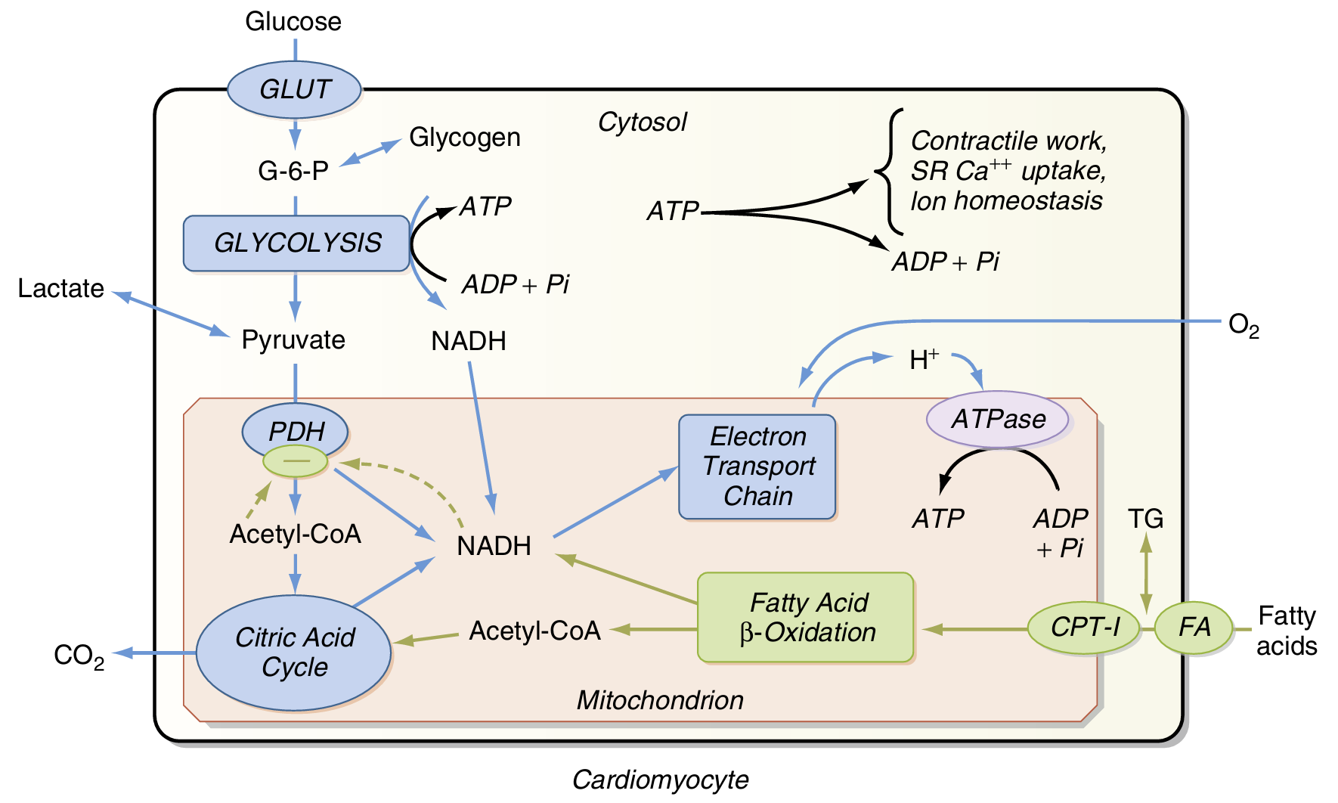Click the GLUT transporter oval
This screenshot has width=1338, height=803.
[x=294, y=89]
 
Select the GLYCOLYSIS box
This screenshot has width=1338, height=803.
[x=296, y=243]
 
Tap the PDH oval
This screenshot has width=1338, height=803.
[x=296, y=429]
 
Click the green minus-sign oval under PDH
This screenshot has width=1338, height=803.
[x=295, y=461]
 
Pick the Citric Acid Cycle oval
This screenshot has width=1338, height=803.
[x=294, y=653]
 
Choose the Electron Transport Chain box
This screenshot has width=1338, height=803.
[x=757, y=467]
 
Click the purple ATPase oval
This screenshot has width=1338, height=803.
[x=998, y=419]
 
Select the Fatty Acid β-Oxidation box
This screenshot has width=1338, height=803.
[x=806, y=617]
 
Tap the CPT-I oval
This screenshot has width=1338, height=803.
[x=1084, y=627]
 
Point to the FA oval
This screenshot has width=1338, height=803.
[x=1194, y=627]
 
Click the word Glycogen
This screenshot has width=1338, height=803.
[x=464, y=138]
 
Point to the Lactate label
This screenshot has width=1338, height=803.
[x=60, y=288]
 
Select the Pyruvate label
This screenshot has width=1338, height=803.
[x=293, y=340]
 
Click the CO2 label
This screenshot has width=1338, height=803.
[x=79, y=656]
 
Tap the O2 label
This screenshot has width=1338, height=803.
[x=1244, y=325]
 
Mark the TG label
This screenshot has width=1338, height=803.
[x=1145, y=519]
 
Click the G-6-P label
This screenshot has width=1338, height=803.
[x=293, y=172]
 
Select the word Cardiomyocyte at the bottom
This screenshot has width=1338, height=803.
[x=660, y=780]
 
